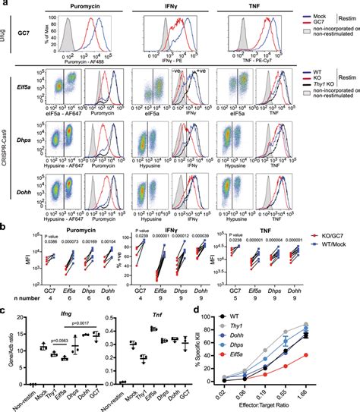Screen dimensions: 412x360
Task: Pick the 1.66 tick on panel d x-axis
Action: tap(348, 395)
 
